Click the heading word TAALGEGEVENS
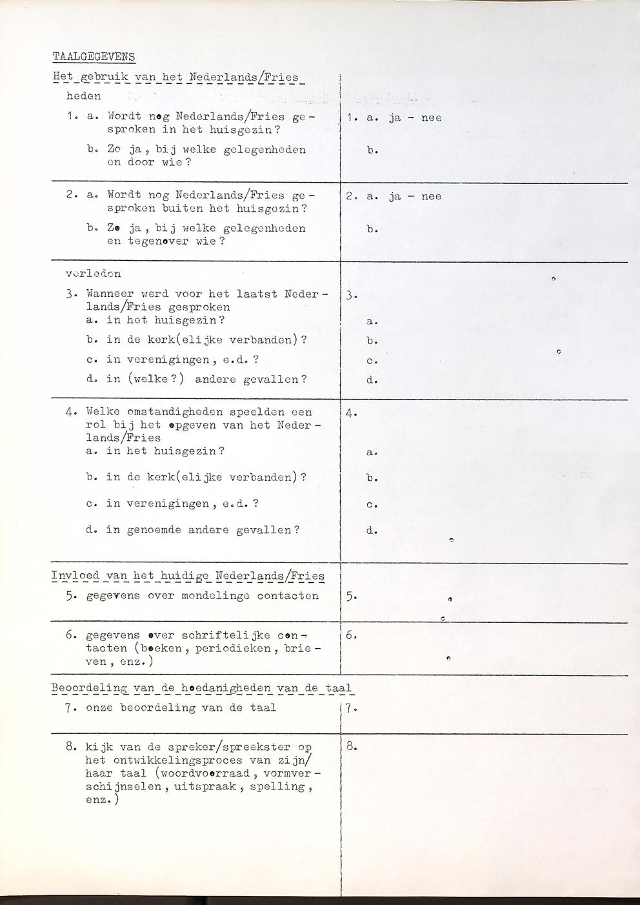pyautogui.click(x=94, y=57)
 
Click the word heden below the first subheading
pyautogui.click(x=84, y=96)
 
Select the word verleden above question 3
pyautogui.click(x=93, y=274)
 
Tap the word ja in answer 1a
pyautogui.click(x=395, y=118)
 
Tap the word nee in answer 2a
pyautogui.click(x=431, y=196)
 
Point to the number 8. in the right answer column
pyautogui.click(x=352, y=747)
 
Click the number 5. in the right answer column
pyautogui.click(x=351, y=597)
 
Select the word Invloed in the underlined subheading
pyautogui.click(x=76, y=576)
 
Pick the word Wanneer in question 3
pyautogui.click(x=110, y=294)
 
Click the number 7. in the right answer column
pyautogui.click(x=351, y=708)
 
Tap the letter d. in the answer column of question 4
pyautogui.click(x=372, y=531)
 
